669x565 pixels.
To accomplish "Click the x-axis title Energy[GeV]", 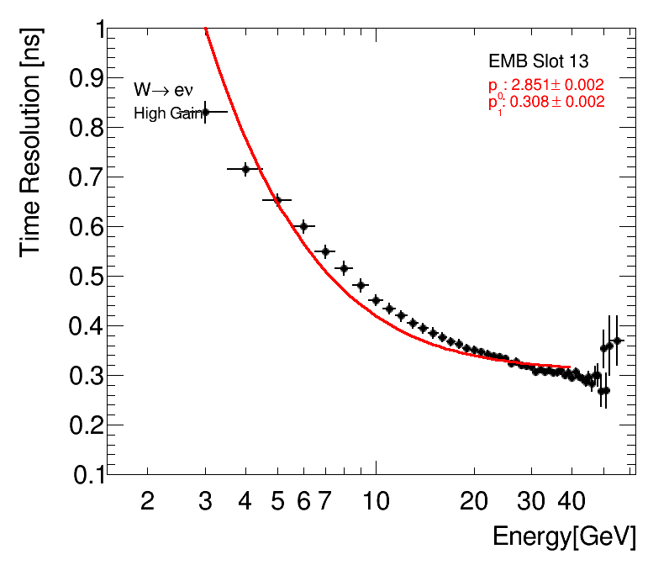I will click(x=564, y=536).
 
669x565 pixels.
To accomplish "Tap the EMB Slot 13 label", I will click(x=538, y=61).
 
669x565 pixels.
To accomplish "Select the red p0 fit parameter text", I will click(x=545, y=85).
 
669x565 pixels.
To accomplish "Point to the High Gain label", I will click(x=168, y=114).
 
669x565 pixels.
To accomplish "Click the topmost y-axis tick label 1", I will click(x=100, y=29).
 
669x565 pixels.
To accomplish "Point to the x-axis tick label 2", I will click(x=148, y=501).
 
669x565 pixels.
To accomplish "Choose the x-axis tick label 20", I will click(x=474, y=501).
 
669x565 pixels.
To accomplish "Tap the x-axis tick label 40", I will click(x=572, y=501).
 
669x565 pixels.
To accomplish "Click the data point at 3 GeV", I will click(x=205, y=112).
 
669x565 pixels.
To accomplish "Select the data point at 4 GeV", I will click(x=245, y=169).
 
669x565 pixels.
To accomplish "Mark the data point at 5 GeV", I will click(x=277, y=200).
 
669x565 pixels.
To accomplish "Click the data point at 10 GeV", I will click(x=376, y=300).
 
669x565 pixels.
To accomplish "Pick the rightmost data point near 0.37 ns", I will click(x=618, y=341).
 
